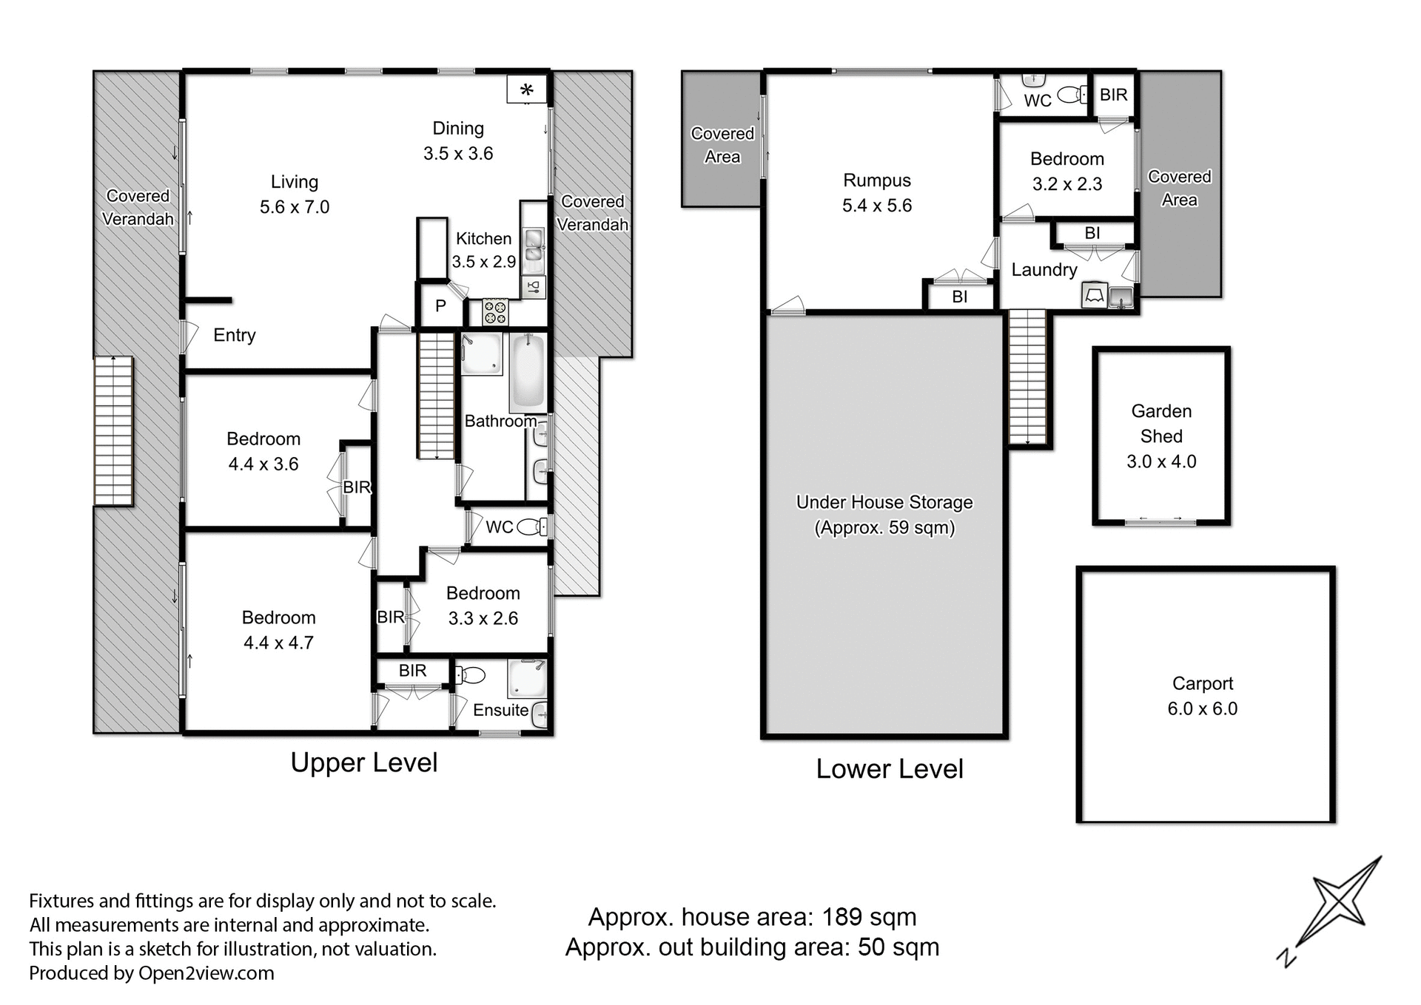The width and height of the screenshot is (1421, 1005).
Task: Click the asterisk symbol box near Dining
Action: pos(526,89)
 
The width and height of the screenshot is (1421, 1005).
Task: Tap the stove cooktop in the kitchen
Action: pos(495,311)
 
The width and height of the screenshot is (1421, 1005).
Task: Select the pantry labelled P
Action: pos(440,305)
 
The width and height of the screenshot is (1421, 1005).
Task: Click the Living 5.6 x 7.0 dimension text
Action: pos(295,207)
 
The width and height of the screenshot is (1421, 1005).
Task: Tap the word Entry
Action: pos(234,335)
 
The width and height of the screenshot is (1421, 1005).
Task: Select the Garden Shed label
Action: pos(1160,423)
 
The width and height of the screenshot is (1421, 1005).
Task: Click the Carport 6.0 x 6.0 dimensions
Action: pos(1202,708)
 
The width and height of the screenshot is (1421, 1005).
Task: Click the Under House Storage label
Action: pos(884,502)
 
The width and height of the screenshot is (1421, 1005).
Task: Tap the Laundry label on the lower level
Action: pos(1044,270)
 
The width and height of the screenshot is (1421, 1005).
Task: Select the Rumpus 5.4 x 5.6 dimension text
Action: pos(877,206)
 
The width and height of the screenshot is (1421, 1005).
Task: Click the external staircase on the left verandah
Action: pos(113,431)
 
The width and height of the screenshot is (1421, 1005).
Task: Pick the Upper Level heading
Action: pos(363,762)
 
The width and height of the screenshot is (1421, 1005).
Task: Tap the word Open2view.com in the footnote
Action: pos(206,973)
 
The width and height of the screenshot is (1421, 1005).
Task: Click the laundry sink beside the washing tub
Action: pos(1121,297)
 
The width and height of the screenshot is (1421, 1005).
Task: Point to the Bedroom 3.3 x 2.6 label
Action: pos(483,606)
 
